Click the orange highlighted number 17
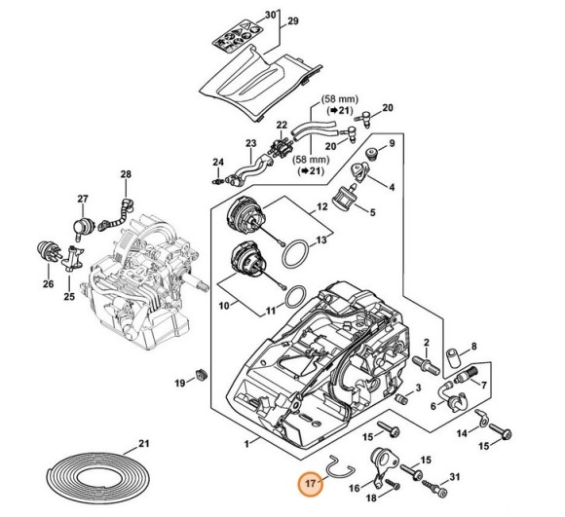coord(311,483)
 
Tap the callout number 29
coord(293,21)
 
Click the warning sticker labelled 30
coord(236,37)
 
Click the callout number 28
coord(126,174)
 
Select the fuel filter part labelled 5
coord(344,197)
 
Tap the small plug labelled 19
coord(201,375)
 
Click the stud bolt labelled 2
coord(427,363)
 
